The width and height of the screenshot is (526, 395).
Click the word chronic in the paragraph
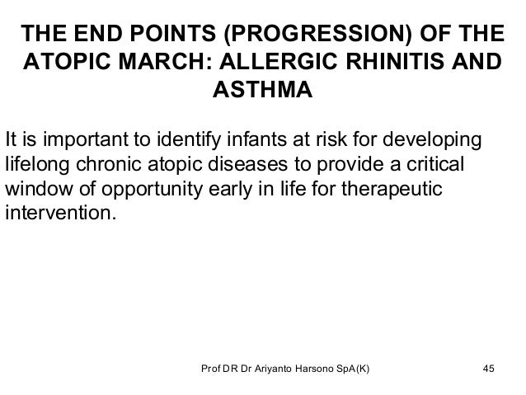[103, 163]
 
